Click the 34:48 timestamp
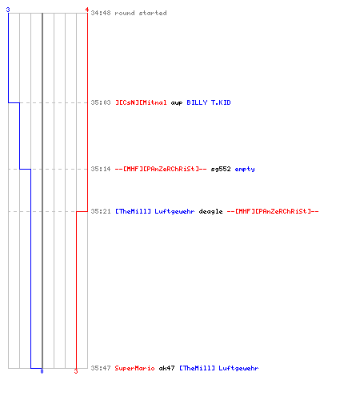(x=101, y=13)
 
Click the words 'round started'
(x=141, y=13)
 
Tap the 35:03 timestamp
(x=101, y=102)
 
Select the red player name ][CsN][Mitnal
(x=141, y=102)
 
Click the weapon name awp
(x=177, y=103)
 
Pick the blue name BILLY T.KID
(x=209, y=102)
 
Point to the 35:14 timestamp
(x=101, y=169)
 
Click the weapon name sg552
(x=221, y=169)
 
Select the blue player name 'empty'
(x=245, y=170)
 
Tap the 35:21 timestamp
(x=101, y=211)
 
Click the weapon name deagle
(x=210, y=211)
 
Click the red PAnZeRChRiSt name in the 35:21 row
(x=273, y=211)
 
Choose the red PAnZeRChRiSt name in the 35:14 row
(x=161, y=169)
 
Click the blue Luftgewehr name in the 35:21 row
(x=154, y=211)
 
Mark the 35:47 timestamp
(x=101, y=368)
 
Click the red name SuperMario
(x=134, y=368)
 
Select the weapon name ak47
(x=166, y=368)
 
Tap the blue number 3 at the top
(x=8, y=10)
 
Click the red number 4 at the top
(x=87, y=10)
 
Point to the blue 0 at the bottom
(x=42, y=371)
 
